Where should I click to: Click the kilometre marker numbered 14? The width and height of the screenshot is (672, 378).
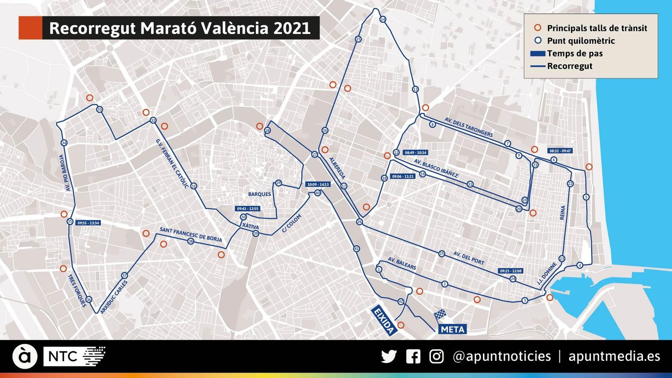pyautogui.click(x=383, y=19)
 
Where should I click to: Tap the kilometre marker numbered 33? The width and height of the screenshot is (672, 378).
pyautogui.click(x=100, y=110)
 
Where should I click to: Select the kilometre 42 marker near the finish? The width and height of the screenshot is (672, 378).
pyautogui.click(x=401, y=302)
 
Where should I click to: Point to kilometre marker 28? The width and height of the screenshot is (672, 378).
pyautogui.click(x=268, y=131)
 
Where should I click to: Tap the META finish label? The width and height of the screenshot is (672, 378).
pyautogui.click(x=452, y=329)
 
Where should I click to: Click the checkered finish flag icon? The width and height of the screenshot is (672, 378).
pyautogui.click(x=440, y=315)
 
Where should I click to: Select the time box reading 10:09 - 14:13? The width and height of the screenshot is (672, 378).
pyautogui.click(x=318, y=184)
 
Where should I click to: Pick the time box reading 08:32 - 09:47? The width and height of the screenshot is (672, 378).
pyautogui.click(x=560, y=151)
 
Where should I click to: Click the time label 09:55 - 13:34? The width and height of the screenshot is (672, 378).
pyautogui.click(x=88, y=223)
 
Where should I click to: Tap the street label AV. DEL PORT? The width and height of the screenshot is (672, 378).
pyautogui.click(x=469, y=258)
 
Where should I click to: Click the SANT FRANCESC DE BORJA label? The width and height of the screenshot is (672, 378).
pyautogui.click(x=191, y=234)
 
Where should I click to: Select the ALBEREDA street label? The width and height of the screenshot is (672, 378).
pyautogui.click(x=337, y=168)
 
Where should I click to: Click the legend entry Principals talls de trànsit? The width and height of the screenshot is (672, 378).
pyautogui.click(x=597, y=28)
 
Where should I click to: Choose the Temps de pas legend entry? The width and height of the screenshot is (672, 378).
pyautogui.click(x=575, y=53)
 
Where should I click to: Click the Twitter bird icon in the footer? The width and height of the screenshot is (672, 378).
pyautogui.click(x=389, y=357)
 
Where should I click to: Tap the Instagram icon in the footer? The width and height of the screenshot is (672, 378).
pyautogui.click(x=436, y=357)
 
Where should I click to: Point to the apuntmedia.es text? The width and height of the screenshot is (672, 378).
pyautogui.click(x=614, y=356)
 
